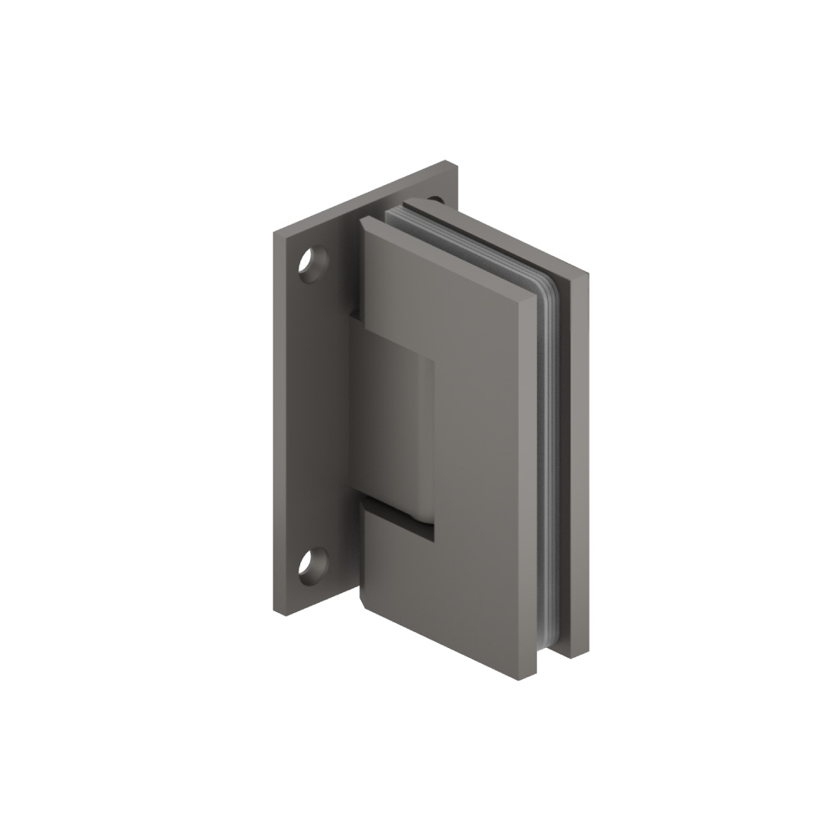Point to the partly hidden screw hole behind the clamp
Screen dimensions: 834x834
pyautogui.click(x=435, y=200)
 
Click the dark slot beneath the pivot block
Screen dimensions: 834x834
pyautogui.click(x=399, y=518)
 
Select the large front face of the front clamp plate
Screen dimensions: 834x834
pyautogui.click(x=467, y=467)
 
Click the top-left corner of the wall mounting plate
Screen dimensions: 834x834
pyautogui.click(x=272, y=234)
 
